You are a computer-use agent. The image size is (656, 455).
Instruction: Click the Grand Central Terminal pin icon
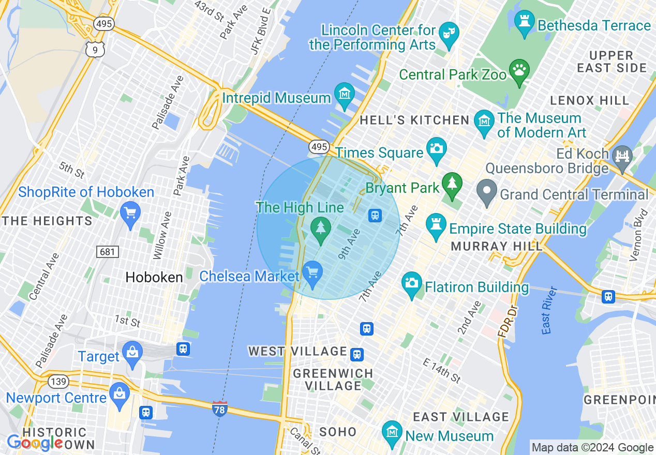click(486, 192)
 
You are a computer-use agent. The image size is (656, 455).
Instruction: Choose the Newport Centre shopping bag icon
click(120, 396)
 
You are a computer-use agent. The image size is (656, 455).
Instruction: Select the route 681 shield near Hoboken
click(108, 252)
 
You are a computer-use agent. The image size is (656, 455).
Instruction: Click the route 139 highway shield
click(57, 382)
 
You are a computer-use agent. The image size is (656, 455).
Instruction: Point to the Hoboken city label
click(154, 278)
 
